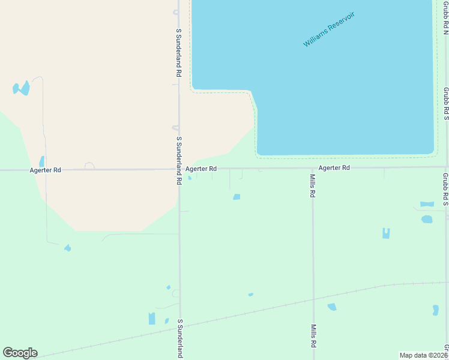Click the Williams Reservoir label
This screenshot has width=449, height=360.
point(329,29)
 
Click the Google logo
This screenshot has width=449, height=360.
point(20,353)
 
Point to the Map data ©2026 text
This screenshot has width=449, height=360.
point(423,355)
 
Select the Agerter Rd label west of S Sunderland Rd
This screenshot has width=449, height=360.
point(45,170)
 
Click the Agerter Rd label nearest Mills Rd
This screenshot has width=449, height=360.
point(334,168)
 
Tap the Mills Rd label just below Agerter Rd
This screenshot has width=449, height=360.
point(313,186)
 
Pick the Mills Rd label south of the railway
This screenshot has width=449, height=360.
point(313,337)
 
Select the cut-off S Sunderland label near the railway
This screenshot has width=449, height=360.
point(179,339)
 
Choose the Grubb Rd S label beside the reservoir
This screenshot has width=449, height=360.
point(446,103)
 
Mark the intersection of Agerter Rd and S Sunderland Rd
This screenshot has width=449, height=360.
point(179,169)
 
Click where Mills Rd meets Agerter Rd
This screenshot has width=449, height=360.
point(312,168)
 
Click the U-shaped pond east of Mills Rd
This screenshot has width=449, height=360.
point(386,233)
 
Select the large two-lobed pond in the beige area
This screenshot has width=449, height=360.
point(22,88)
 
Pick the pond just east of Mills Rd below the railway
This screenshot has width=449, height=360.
point(332,307)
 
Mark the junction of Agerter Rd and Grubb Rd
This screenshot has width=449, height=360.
point(446,167)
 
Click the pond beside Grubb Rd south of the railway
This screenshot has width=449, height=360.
point(436,310)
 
